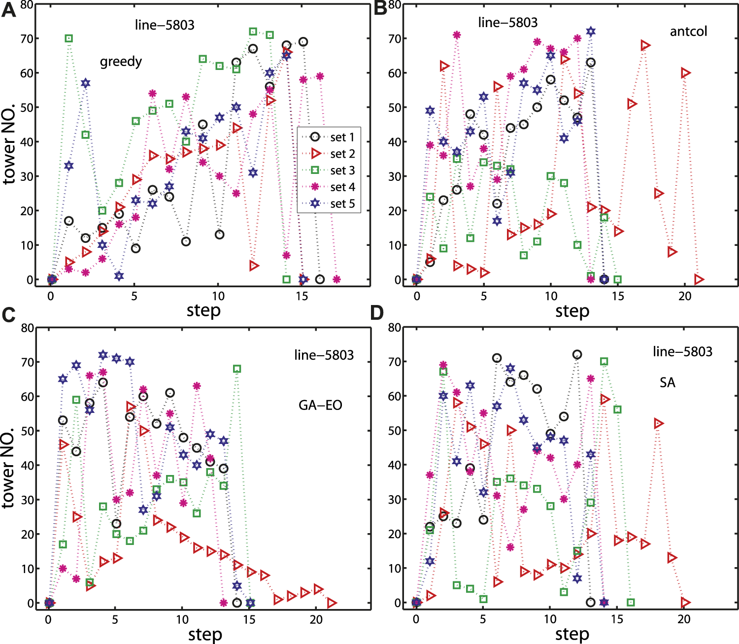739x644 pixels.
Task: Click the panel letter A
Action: point(8,10)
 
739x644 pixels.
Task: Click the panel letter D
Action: point(377,313)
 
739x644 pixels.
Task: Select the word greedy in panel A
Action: point(121,62)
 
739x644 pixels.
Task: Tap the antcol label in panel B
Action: point(688,32)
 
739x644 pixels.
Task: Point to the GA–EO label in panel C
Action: point(320,405)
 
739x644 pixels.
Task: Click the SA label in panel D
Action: point(667,383)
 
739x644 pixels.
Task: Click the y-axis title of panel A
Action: point(9,143)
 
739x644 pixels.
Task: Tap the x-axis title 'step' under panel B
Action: point(572,311)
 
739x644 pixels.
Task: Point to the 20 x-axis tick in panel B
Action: point(685,296)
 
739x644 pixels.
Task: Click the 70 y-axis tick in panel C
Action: point(27,362)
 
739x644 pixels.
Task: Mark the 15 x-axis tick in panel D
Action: point(617,619)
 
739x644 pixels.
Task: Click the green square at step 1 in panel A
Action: point(69,38)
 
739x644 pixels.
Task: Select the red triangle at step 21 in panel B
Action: point(699,279)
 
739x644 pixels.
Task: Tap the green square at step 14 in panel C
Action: point(237,369)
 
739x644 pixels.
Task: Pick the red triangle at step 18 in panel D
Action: point(658,424)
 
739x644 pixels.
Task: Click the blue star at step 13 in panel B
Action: point(591,32)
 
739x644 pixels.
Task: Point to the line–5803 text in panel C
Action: point(324,355)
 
